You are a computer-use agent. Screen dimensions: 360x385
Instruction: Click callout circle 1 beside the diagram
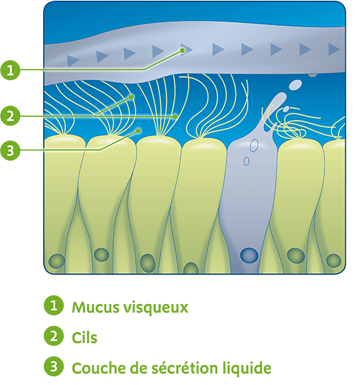(x=10, y=70)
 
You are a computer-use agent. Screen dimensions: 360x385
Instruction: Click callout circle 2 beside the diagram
(x=10, y=116)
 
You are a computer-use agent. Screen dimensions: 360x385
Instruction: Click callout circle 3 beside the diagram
(x=10, y=150)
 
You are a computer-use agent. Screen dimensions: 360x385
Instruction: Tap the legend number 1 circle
(x=53, y=305)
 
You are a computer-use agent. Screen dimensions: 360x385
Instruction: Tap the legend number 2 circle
(x=53, y=336)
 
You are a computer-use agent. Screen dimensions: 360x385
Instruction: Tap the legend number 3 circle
(x=53, y=366)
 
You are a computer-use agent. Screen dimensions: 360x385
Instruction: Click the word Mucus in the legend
(x=96, y=307)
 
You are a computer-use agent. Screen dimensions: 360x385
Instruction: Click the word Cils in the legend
(x=84, y=337)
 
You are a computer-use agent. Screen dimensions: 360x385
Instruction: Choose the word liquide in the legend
(x=246, y=369)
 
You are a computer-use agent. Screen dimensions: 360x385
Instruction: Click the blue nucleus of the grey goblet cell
(x=249, y=255)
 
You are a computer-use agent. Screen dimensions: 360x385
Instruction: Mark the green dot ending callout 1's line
(x=182, y=50)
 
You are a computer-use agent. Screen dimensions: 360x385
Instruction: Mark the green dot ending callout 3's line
(x=139, y=130)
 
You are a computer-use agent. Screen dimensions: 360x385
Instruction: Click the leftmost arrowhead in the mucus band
(x=73, y=60)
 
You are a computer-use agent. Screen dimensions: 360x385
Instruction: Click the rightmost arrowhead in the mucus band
(x=334, y=49)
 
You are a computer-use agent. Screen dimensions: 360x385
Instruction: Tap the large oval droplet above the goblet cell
(x=296, y=84)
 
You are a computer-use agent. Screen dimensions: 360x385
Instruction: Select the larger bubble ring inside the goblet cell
(x=254, y=145)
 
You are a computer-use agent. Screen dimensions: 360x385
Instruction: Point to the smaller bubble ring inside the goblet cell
(x=246, y=161)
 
